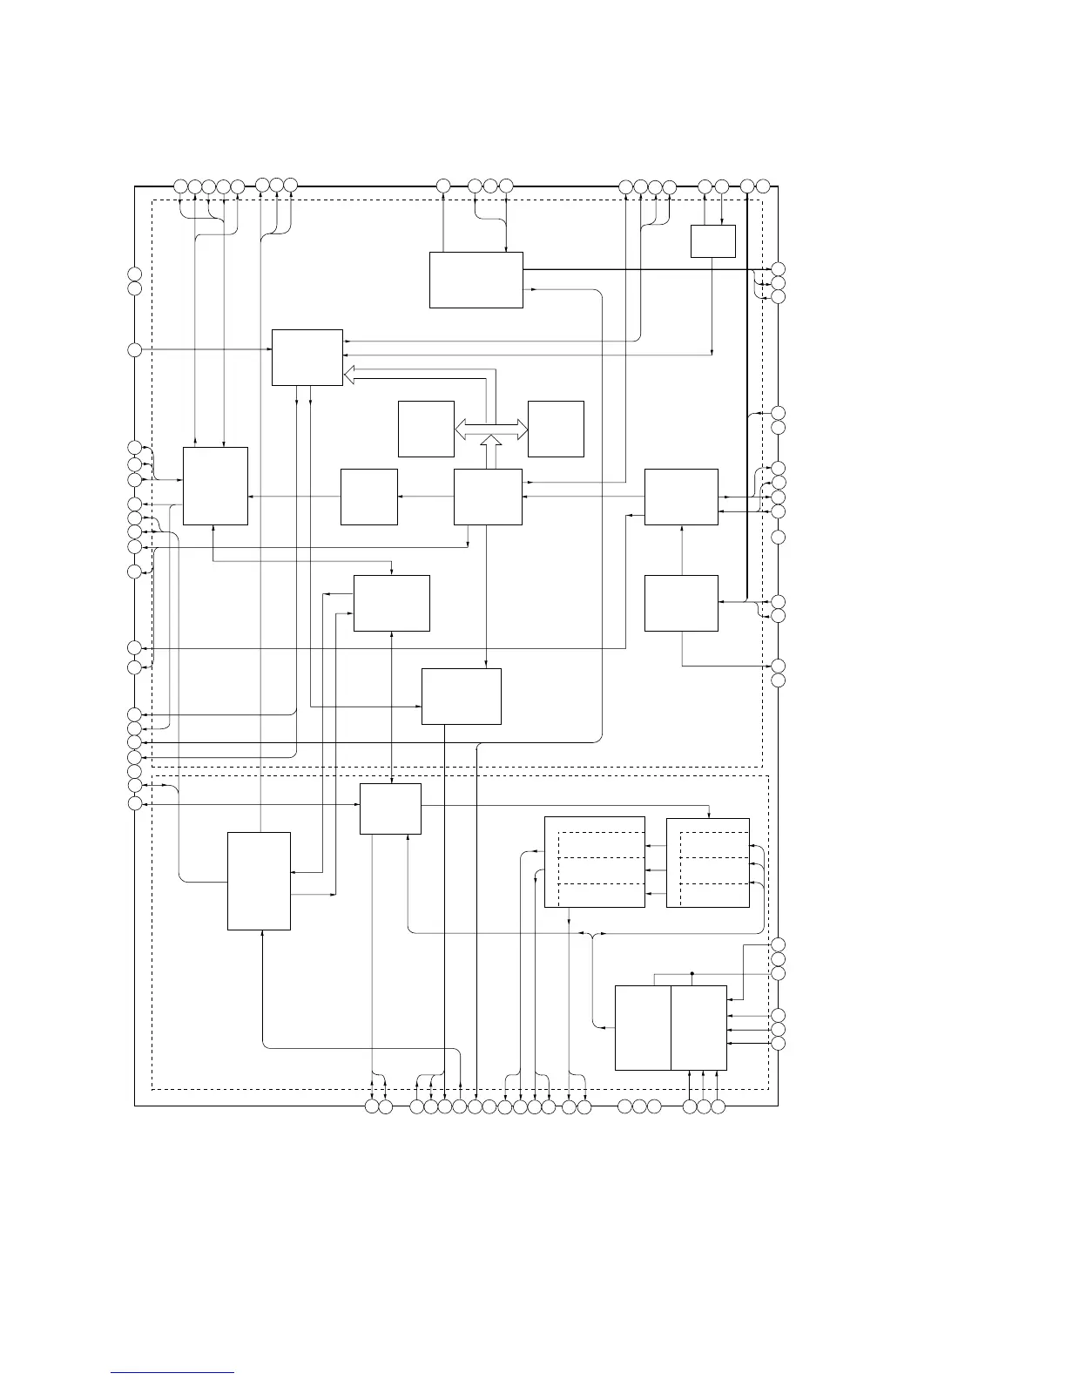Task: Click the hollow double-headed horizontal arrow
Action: (491, 429)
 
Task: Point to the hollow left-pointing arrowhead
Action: (350, 375)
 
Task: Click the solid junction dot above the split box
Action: (692, 972)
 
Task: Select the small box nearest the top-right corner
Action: (713, 241)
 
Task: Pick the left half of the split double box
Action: (643, 1028)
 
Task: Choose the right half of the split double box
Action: (698, 1028)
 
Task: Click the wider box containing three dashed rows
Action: (595, 862)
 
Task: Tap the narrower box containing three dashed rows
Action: (708, 862)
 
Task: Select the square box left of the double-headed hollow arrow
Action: (426, 429)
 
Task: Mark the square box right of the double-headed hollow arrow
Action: (556, 429)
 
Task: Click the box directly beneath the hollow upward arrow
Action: (489, 497)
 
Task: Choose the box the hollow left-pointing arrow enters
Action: (307, 357)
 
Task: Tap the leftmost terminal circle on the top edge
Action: (180, 186)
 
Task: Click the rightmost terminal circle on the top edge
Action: (763, 186)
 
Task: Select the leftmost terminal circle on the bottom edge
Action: (372, 1106)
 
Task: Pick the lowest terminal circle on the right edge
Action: (779, 1043)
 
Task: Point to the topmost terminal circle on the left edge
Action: (135, 273)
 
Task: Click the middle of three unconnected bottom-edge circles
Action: (639, 1106)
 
